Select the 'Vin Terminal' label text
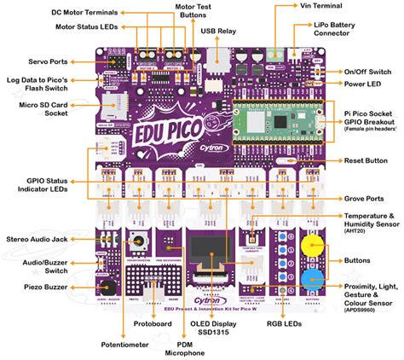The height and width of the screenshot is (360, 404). click(x=324, y=6)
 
